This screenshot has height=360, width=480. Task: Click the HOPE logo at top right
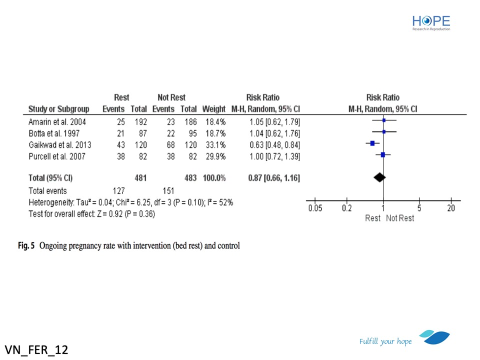(431, 22)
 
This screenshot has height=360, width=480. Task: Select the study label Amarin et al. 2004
(57, 121)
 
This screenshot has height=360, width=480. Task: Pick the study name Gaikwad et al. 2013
(59, 144)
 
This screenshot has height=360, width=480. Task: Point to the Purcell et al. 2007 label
(56, 156)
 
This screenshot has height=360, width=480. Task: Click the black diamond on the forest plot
(379, 177)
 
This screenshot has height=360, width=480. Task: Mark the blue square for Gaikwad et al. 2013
(372, 143)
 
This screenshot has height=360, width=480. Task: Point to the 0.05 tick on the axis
(315, 208)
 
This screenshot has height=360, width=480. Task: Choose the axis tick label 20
(451, 208)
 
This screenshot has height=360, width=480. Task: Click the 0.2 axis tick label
(346, 208)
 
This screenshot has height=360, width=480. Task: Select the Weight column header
(213, 109)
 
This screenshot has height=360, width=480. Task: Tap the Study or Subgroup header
(58, 109)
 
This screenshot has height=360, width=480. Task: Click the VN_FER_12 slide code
(36, 348)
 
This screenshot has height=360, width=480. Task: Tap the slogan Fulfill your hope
(385, 341)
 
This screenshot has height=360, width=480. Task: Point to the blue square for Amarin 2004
(383, 120)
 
